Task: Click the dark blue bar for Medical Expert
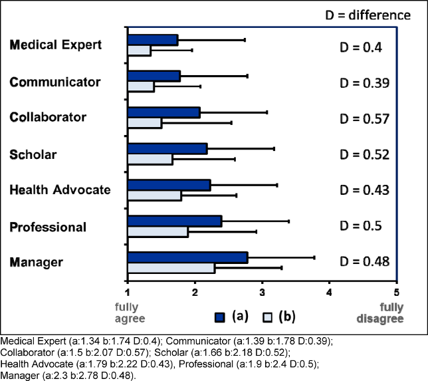pyautogui.click(x=153, y=40)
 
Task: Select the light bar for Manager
pyautogui.click(x=171, y=268)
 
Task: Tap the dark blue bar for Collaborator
pyautogui.click(x=163, y=112)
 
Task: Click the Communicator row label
pyautogui.click(x=55, y=82)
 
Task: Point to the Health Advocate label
pyautogui.click(x=60, y=190)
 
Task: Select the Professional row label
pyautogui.click(x=48, y=227)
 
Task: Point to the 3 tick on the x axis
pyautogui.click(x=263, y=291)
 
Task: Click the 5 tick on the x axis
pyautogui.click(x=397, y=291)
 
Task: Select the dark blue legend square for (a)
pyautogui.click(x=221, y=317)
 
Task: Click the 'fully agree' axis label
pyautogui.click(x=126, y=313)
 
